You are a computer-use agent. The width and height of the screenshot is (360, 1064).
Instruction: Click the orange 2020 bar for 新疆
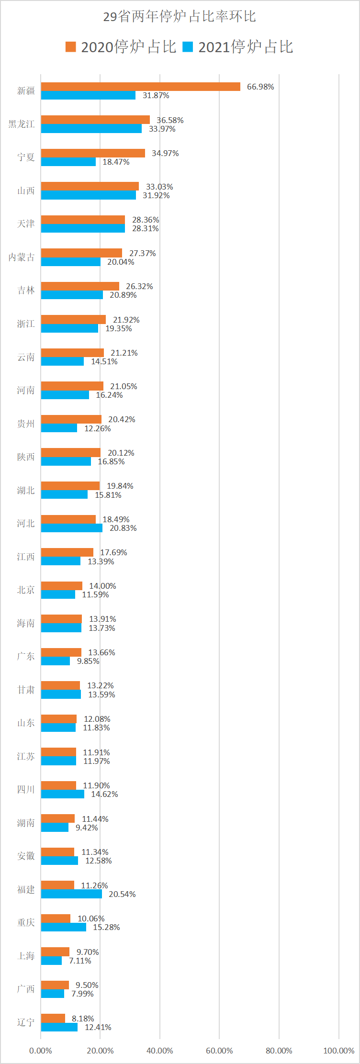(x=140, y=87)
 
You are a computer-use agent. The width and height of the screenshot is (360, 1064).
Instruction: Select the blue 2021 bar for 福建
(x=71, y=894)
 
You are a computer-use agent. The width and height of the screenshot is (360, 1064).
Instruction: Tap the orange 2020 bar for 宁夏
(x=93, y=153)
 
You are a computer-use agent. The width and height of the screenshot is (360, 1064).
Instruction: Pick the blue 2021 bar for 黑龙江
(x=91, y=129)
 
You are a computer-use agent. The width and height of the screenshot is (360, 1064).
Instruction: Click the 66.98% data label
(x=260, y=87)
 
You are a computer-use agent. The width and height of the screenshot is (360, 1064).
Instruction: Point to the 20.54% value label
(x=122, y=894)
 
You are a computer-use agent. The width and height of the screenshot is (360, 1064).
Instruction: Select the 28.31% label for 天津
(x=146, y=228)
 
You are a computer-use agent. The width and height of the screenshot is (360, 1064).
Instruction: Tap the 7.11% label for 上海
(x=80, y=961)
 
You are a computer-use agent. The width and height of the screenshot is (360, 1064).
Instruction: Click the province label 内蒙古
(x=22, y=258)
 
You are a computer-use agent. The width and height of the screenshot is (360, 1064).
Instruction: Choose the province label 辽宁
(x=26, y=1022)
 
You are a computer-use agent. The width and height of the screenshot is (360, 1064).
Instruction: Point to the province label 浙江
(x=26, y=324)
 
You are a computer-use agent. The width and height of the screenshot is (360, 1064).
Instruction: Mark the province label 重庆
(x=26, y=922)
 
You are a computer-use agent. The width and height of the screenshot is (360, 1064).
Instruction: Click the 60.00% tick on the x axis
(x=219, y=1051)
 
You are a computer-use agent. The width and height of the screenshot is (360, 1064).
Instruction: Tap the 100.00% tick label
(x=339, y=1051)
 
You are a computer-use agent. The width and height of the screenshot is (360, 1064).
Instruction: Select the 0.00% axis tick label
(x=41, y=1051)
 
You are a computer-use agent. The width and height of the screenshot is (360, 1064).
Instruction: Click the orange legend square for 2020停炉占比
(x=71, y=47)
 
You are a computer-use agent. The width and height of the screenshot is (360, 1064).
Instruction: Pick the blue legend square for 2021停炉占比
(x=188, y=47)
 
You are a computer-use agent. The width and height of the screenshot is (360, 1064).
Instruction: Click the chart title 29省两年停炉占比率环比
(x=180, y=17)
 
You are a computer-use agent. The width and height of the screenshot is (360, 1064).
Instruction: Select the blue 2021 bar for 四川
(x=62, y=794)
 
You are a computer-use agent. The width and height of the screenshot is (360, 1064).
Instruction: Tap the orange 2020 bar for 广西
(x=55, y=985)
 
